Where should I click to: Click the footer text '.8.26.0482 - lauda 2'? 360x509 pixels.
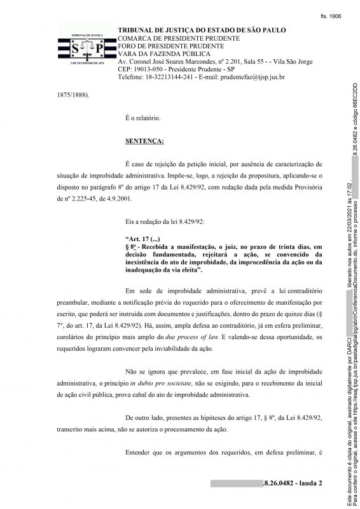tap(292, 483)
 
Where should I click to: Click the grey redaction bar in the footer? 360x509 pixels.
tap(235, 483)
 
